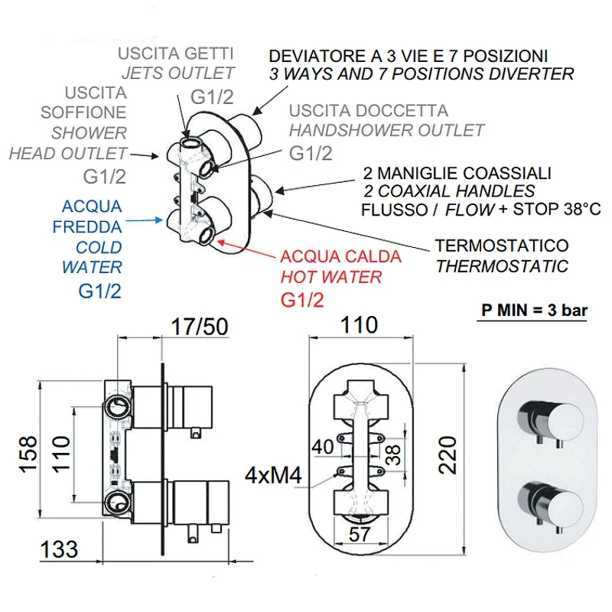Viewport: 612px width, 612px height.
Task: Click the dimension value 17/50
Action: [x=200, y=327]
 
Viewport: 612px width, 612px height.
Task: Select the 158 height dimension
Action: [x=28, y=454]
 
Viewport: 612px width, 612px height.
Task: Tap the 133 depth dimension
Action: [x=59, y=549]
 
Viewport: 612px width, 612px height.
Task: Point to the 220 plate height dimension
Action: [x=448, y=455]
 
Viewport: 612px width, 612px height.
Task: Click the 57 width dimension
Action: [x=360, y=534]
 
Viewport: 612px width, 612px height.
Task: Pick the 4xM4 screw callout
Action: [x=273, y=475]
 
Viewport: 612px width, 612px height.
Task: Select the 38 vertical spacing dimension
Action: [x=393, y=455]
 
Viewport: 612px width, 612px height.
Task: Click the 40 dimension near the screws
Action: [x=323, y=447]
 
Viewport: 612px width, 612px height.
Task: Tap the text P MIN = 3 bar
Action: [x=534, y=311]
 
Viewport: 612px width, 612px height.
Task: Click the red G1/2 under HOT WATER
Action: [x=302, y=300]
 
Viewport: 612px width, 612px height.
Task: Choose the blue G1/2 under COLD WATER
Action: [x=99, y=291]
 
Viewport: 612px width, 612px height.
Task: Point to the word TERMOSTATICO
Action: [x=502, y=246]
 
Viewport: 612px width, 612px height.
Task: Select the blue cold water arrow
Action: [x=144, y=220]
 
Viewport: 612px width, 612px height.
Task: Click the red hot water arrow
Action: [x=246, y=249]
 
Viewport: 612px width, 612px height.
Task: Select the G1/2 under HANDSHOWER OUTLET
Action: [x=311, y=153]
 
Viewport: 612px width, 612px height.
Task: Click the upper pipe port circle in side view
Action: [x=116, y=407]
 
